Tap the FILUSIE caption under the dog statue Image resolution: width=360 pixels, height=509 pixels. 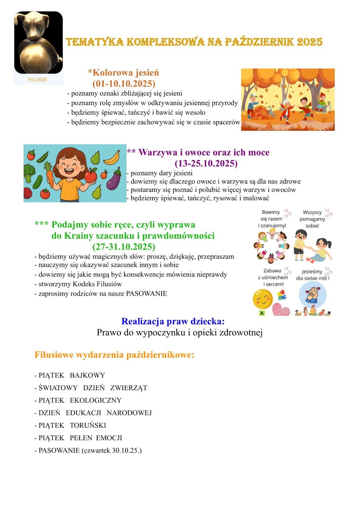pyautogui.click(x=38, y=80)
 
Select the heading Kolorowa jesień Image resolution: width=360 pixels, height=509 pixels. pyautogui.click(x=124, y=73)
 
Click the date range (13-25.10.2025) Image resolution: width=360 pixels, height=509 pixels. pyautogui.click(x=206, y=164)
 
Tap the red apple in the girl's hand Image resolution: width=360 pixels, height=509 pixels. pyautogui.click(x=91, y=175)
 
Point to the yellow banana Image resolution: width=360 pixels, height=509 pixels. pyautogui.click(x=112, y=157)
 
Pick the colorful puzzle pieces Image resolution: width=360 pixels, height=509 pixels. pyautogui.click(x=280, y=295)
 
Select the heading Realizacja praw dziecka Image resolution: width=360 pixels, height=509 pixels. pyautogui.click(x=173, y=321)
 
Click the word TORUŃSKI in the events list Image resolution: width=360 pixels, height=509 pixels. pyautogui.click(x=88, y=425)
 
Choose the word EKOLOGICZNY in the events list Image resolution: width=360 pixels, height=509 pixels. pyautogui.click(x=96, y=400)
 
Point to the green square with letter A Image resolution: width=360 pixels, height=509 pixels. pyautogui.click(x=262, y=313)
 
